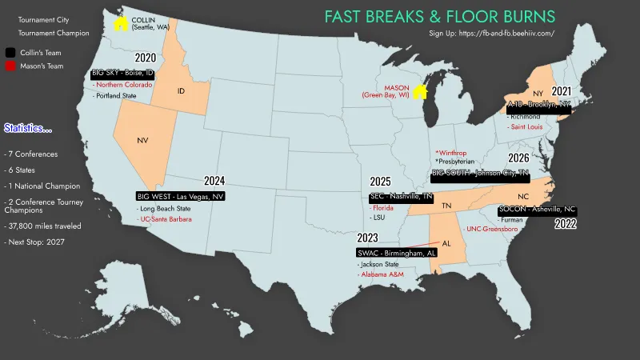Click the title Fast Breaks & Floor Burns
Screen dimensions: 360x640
(439, 16)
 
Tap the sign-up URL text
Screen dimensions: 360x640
(491, 34)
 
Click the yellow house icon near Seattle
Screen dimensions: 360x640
(120, 24)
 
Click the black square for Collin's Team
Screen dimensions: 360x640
(9, 52)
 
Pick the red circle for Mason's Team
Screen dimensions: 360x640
(9, 66)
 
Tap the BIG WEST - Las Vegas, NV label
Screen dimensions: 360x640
(180, 196)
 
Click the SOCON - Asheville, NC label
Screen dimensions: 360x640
(536, 210)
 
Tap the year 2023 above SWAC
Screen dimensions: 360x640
(368, 238)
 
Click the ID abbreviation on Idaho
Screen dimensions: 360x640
(181, 91)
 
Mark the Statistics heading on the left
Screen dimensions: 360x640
(28, 128)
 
